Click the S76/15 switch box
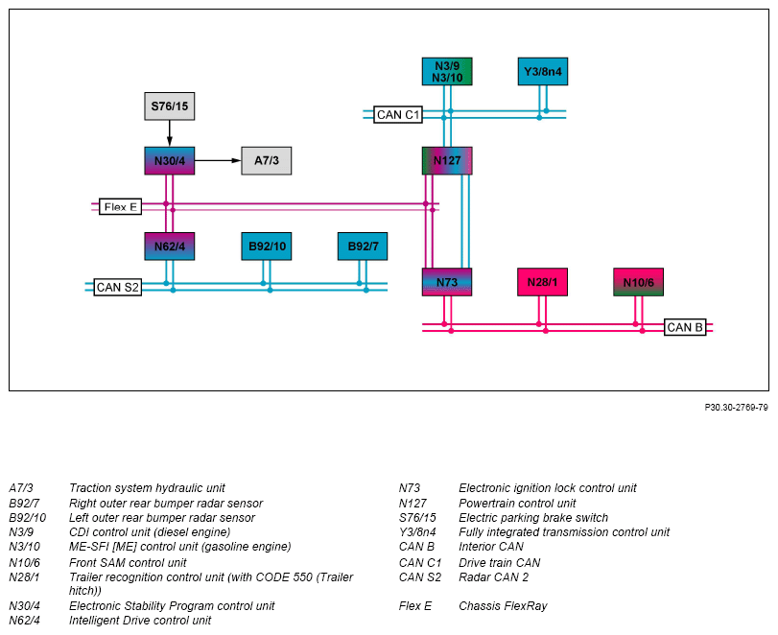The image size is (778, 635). coord(170,106)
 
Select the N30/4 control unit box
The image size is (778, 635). coord(170,161)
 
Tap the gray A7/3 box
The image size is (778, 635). coord(267,161)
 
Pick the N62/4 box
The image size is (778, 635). coord(170,247)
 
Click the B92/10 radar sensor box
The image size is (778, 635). coord(267,247)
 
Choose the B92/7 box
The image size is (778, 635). coord(363,247)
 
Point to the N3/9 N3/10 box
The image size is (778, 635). coord(447,71)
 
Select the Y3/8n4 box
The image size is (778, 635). coord(543,71)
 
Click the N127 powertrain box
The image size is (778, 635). coord(447,161)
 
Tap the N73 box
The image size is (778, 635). coord(447,282)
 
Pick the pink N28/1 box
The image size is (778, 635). coord(542,282)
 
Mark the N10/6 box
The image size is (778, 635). coord(639,282)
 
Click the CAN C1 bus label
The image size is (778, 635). coord(398,114)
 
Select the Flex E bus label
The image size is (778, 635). coord(121,207)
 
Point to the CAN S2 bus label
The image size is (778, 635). coord(118,287)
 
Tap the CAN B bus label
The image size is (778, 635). coord(685,327)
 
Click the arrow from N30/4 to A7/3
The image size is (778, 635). coord(218,160)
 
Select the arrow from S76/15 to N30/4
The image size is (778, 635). coord(170,133)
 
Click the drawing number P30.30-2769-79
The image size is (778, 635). coord(737,408)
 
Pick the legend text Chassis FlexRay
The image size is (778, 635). coord(503,605)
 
